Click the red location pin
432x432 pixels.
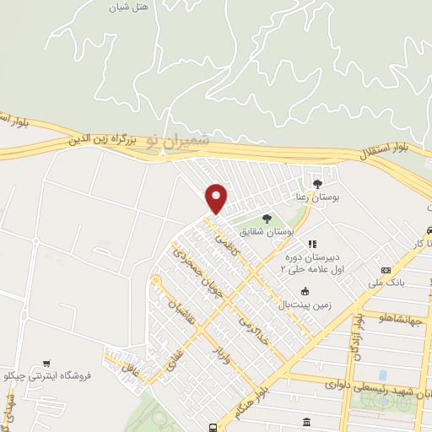217,198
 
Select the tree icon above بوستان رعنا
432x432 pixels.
317,183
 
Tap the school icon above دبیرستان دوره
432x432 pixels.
312,245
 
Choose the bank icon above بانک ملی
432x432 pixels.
386,271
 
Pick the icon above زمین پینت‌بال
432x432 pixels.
305,292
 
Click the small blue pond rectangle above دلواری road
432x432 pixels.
383,375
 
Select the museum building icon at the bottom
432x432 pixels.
304,421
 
